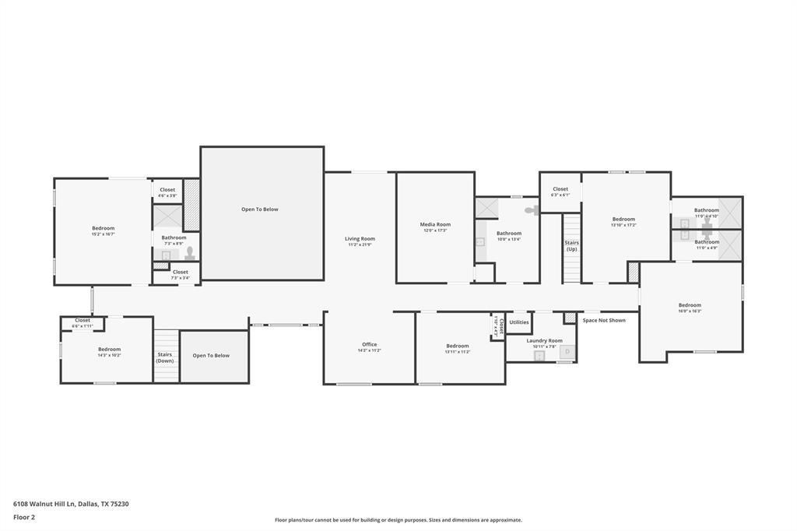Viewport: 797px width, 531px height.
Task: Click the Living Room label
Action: pyautogui.click(x=360, y=239)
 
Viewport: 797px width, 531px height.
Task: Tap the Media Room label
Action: pyautogui.click(x=435, y=224)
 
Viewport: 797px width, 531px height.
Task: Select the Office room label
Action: pyautogui.click(x=369, y=344)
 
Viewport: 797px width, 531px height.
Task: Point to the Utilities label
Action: pyautogui.click(x=519, y=322)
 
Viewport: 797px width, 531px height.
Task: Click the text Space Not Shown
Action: pyautogui.click(x=604, y=320)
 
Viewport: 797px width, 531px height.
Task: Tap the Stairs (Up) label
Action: pyautogui.click(x=571, y=245)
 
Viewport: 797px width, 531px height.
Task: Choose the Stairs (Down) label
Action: pyautogui.click(x=165, y=357)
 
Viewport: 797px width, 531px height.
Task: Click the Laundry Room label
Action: pyautogui.click(x=544, y=340)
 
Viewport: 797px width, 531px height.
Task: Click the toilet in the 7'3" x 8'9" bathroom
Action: pyautogui.click(x=189, y=253)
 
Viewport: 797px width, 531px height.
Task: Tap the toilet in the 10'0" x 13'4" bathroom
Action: pyautogui.click(x=531, y=209)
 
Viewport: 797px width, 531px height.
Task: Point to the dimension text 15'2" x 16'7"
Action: pyautogui.click(x=103, y=234)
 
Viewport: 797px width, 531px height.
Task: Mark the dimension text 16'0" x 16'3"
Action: pyautogui.click(x=690, y=311)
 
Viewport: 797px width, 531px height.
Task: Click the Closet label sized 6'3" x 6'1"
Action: pyautogui.click(x=560, y=189)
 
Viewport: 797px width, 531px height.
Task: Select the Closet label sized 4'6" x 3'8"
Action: pyautogui.click(x=167, y=190)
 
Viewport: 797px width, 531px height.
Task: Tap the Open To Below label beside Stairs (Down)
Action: pyautogui.click(x=212, y=356)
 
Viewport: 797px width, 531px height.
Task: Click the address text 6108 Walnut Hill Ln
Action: pyautogui.click(x=44, y=504)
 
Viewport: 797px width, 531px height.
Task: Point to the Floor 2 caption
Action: pyautogui.click(x=24, y=517)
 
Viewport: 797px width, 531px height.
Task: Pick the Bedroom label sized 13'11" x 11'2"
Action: pyautogui.click(x=458, y=346)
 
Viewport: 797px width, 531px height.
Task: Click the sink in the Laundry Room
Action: pyautogui.click(x=539, y=355)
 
